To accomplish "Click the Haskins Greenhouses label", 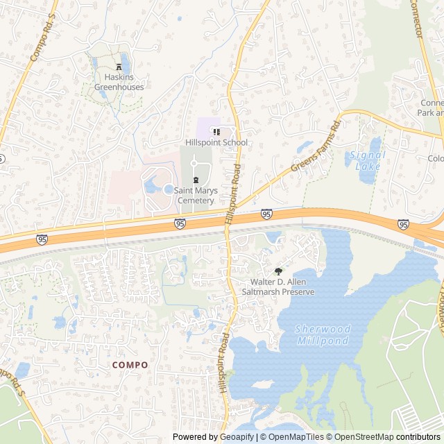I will coord(120,83).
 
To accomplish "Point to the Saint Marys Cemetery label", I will coord(194,196).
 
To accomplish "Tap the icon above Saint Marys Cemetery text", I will coord(194,180).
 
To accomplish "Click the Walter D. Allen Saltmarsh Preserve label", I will coord(283,287).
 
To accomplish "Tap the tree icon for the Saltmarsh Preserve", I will coord(279,271).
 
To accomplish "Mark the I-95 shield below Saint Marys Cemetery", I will coord(180,223).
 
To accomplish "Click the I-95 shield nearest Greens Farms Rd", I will coord(267,214).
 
